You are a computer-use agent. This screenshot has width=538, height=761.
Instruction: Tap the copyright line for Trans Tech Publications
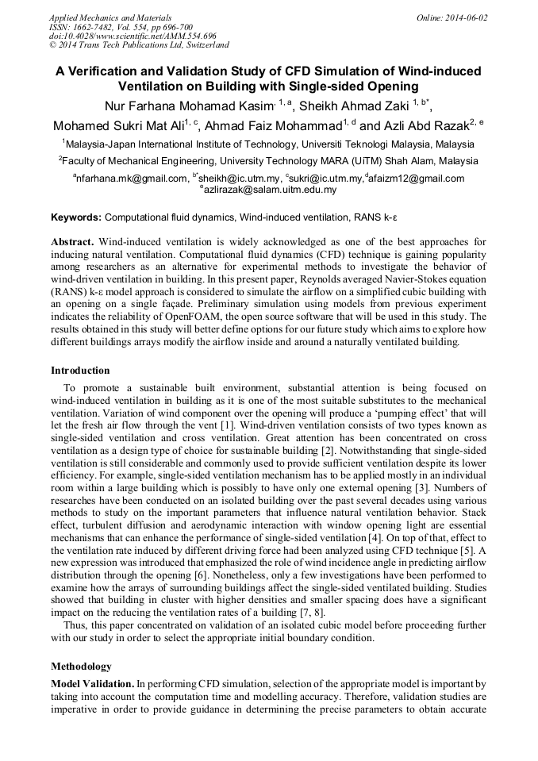pyautogui.click(x=139, y=46)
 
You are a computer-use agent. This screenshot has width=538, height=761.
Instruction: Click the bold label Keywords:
pyautogui.click(x=76, y=217)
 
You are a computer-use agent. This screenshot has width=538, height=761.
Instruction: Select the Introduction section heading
pyautogui.click(x=80, y=371)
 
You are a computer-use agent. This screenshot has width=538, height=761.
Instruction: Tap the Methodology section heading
pyautogui.click(x=81, y=666)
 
